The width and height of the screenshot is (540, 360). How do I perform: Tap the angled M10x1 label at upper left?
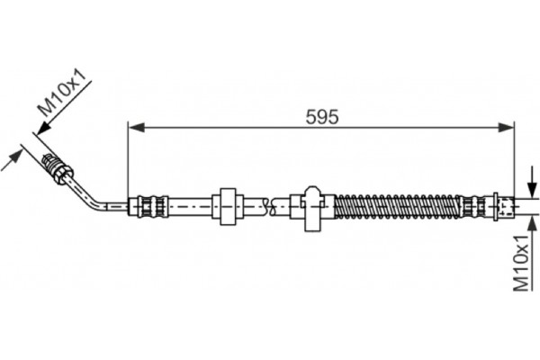click(64, 92)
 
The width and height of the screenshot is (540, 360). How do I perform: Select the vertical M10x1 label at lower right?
click(519, 261)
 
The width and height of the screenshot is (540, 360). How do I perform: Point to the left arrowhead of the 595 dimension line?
click(135, 127)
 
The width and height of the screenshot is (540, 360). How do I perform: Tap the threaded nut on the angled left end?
click(56, 166)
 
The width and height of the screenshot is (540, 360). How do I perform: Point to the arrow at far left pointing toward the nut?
click(15, 158)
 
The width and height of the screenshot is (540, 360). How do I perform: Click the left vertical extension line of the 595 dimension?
click(130, 162)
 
